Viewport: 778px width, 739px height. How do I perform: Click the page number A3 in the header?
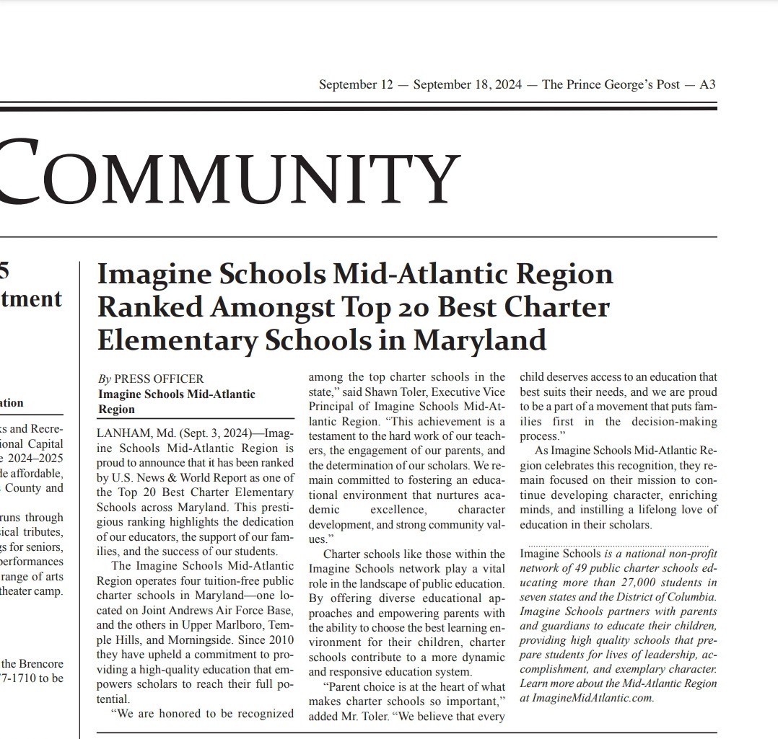click(707, 85)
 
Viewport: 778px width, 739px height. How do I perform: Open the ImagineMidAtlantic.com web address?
click(592, 698)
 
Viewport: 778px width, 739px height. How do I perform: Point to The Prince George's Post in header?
click(611, 85)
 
